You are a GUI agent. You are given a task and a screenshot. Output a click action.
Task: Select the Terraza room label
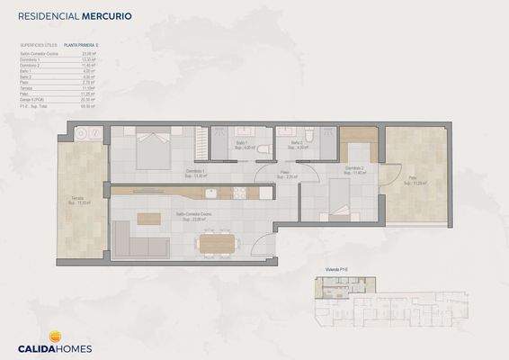[x=80, y=201]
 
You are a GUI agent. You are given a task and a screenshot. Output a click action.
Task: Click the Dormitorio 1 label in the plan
[x=196, y=173]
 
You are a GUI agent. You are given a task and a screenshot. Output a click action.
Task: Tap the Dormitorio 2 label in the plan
[x=354, y=168]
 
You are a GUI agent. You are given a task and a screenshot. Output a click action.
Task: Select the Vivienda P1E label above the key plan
[x=336, y=270]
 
